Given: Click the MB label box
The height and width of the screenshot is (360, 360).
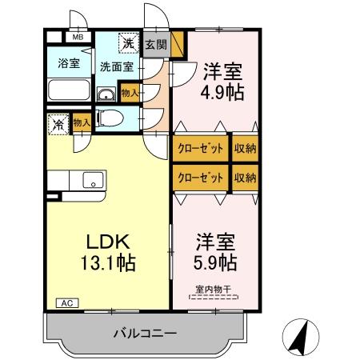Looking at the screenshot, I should (78, 37).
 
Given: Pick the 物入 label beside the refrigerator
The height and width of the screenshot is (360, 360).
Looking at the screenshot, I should (80, 122).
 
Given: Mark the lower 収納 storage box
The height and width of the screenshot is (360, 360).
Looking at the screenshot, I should (246, 178).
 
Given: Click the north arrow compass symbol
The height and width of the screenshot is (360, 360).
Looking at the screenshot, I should (298, 335).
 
